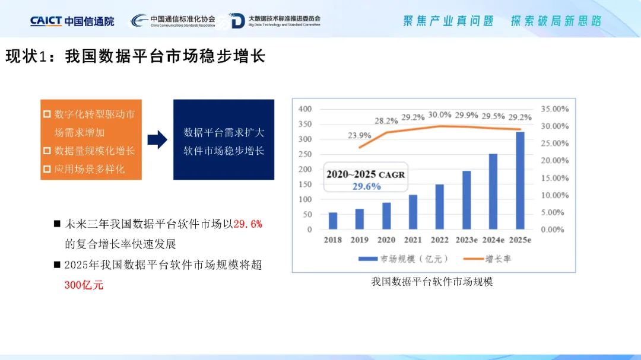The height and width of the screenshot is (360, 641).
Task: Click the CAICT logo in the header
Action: [72, 21]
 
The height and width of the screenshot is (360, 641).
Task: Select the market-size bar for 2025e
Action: [520, 181]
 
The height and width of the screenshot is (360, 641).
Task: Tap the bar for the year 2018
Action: [333, 221]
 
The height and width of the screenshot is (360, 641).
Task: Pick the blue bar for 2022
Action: [439, 207]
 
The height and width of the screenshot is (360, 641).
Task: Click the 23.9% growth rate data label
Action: [359, 135]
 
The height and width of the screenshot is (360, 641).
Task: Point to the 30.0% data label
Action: [439, 115]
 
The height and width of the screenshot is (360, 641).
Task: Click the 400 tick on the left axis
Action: [305, 109]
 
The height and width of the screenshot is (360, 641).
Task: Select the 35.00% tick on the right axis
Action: [555, 109]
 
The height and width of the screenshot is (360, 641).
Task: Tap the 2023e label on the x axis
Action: [467, 240]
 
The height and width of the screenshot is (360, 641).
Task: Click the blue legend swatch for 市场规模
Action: [368, 259]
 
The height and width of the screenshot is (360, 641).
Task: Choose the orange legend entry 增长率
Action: [487, 259]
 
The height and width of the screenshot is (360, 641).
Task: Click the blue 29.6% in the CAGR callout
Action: [367, 187]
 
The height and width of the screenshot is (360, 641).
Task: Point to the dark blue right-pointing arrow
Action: [157, 140]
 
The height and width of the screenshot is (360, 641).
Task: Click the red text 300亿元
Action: [84, 285]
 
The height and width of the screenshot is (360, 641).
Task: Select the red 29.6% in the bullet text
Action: [247, 224]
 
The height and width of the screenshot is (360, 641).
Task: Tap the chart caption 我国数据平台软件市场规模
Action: [432, 282]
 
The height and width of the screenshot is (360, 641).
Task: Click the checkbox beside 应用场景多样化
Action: [47, 169]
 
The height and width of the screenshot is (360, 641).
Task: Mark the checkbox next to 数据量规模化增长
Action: [47, 151]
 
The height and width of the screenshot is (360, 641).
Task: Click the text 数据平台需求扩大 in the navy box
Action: [224, 132]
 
